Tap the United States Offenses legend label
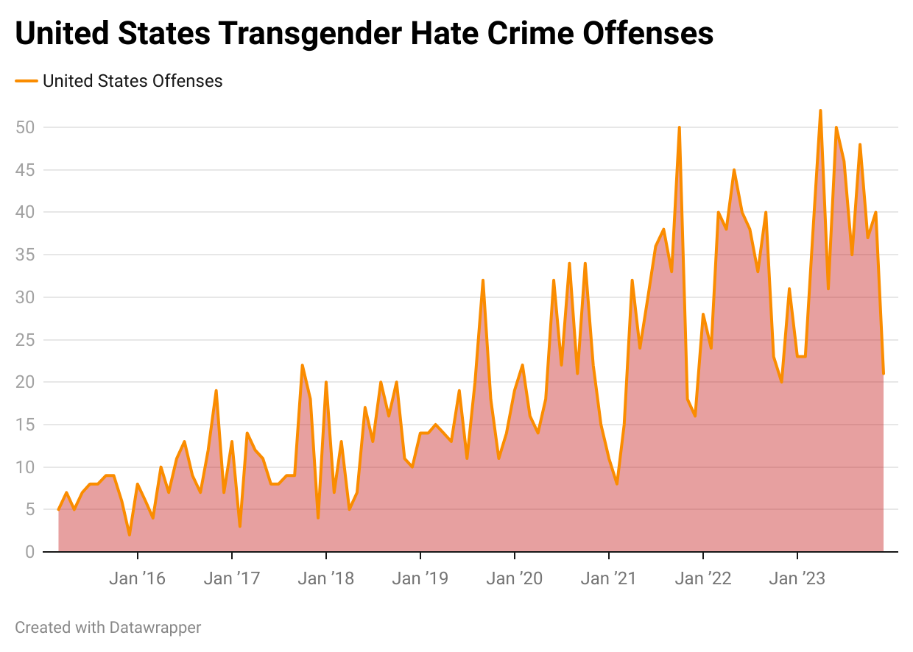(x=133, y=81)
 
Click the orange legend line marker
(x=27, y=81)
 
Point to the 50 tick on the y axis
(x=25, y=127)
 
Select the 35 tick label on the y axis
(x=25, y=255)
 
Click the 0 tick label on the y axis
(x=29, y=552)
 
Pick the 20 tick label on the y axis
(x=25, y=382)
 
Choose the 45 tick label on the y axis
(x=25, y=170)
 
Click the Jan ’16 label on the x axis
(x=137, y=578)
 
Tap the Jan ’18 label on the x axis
(x=325, y=578)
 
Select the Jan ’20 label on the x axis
(x=514, y=578)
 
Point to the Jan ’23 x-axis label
(x=797, y=578)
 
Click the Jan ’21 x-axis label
(x=608, y=578)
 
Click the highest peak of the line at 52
(x=820, y=110)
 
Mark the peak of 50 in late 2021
(x=679, y=127)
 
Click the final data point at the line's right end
(x=883, y=374)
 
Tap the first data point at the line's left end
(x=59, y=509)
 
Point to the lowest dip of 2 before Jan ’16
(x=130, y=535)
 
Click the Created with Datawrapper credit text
(x=108, y=628)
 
